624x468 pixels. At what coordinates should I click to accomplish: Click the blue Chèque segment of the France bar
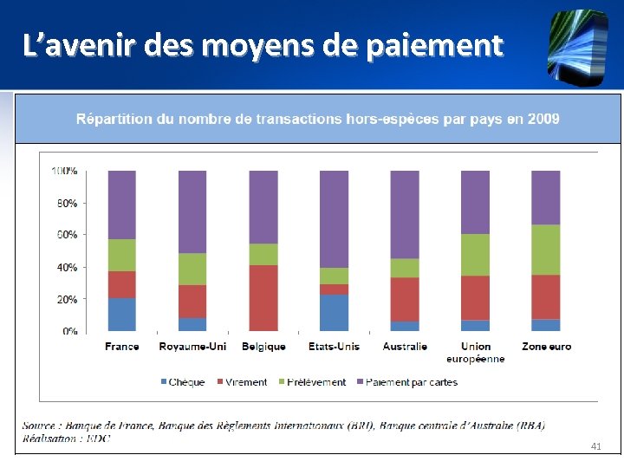(122, 314)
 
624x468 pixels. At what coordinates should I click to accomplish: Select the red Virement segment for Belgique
(263, 297)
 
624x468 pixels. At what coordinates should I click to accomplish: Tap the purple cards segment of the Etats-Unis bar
(334, 218)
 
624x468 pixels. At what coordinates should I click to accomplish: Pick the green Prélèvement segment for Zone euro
(545, 250)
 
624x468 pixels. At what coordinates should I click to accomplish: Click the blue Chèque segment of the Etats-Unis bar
(334, 312)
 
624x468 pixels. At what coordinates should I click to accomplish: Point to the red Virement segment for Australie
(405, 299)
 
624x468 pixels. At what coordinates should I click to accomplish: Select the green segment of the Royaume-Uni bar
(192, 269)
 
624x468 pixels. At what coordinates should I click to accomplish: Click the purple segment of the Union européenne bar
(475, 202)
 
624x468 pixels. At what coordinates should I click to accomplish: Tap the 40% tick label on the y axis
(67, 268)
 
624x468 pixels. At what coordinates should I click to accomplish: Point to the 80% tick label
(67, 204)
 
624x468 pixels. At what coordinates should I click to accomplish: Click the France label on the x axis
(122, 347)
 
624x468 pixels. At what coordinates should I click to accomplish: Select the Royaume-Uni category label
(192, 347)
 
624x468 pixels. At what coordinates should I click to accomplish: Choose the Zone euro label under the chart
(546, 347)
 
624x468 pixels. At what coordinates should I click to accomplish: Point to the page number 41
(595, 445)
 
